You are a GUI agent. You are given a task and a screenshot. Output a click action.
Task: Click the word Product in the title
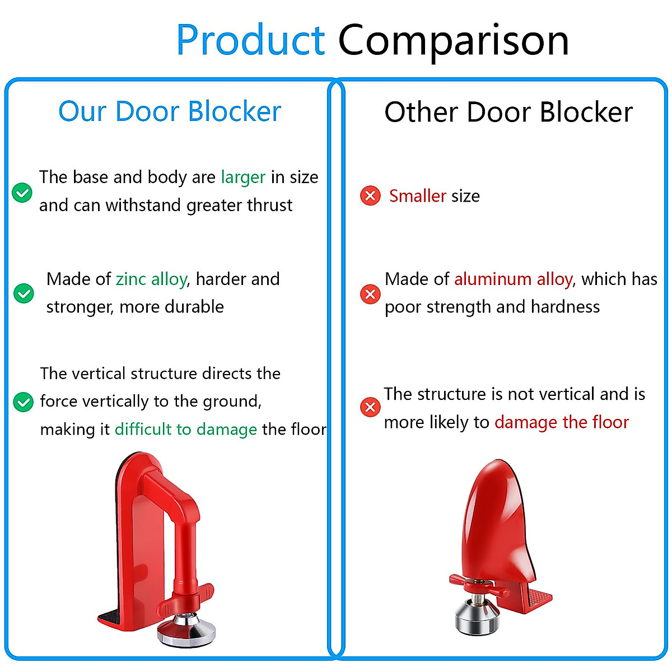click(250, 40)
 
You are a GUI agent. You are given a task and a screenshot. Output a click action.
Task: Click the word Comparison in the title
click(454, 40)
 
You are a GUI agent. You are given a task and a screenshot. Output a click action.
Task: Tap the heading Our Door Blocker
click(170, 111)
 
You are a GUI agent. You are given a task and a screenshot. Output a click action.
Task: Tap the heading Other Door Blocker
click(508, 112)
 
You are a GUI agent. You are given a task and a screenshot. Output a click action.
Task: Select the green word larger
click(243, 178)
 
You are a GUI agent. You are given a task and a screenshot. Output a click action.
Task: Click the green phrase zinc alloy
click(151, 279)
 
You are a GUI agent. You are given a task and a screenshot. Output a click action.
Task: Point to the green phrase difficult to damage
click(186, 430)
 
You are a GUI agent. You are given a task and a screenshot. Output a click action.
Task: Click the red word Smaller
click(418, 196)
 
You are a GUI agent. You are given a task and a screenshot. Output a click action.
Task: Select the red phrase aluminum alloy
click(513, 279)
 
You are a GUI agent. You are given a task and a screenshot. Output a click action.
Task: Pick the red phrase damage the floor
click(562, 422)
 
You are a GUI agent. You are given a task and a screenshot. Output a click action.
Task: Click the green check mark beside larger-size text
click(22, 193)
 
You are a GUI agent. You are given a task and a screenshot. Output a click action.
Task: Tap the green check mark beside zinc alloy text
click(24, 293)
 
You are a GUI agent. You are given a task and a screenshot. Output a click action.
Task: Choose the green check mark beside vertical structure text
click(23, 402)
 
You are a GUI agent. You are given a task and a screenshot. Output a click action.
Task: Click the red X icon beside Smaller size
click(370, 196)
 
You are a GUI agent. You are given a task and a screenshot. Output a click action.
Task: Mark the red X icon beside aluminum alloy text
click(370, 294)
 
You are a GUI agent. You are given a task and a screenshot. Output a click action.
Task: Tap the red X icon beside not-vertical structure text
click(370, 407)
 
